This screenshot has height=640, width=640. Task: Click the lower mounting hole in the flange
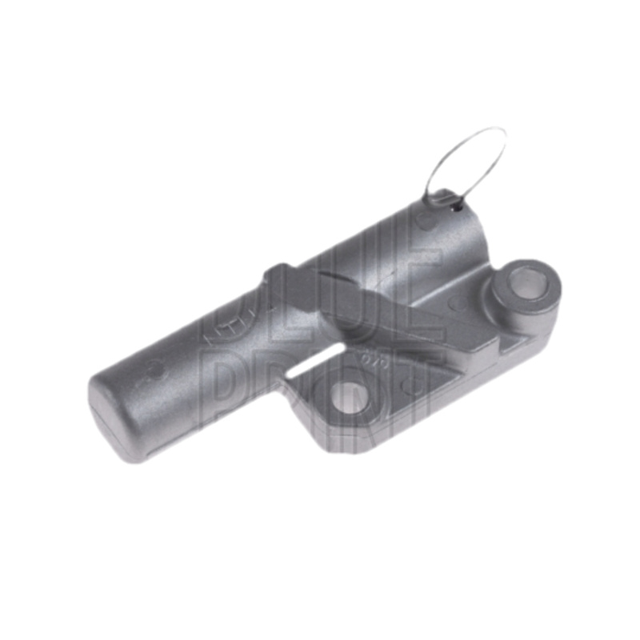pos(346,396)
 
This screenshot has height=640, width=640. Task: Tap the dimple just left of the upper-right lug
pos(458,302)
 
